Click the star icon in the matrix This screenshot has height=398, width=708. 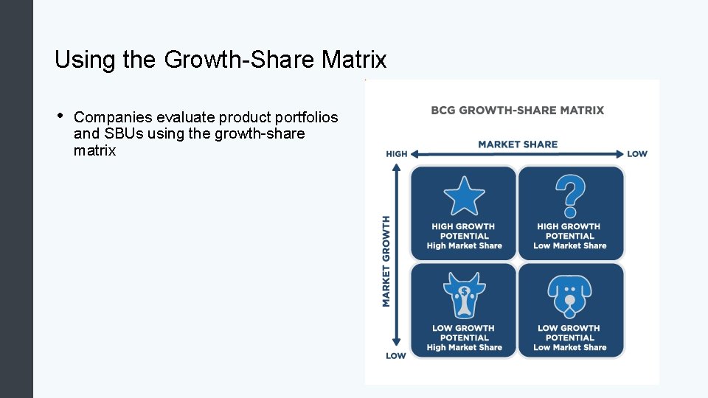pos(464,196)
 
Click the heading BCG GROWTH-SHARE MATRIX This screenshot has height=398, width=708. pos(517,111)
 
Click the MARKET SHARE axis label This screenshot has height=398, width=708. pos(518,144)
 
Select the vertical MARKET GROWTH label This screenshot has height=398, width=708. pos(386,260)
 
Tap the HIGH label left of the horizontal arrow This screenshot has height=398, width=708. pos(396,154)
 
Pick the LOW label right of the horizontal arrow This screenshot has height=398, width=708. pos(637,154)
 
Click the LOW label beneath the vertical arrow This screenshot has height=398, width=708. pos(395,356)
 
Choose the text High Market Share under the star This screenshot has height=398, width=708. pos(464,246)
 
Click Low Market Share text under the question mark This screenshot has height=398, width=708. pos(569,246)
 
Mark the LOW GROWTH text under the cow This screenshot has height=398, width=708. pos(464,328)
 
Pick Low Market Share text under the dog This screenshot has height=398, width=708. pos(569,348)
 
